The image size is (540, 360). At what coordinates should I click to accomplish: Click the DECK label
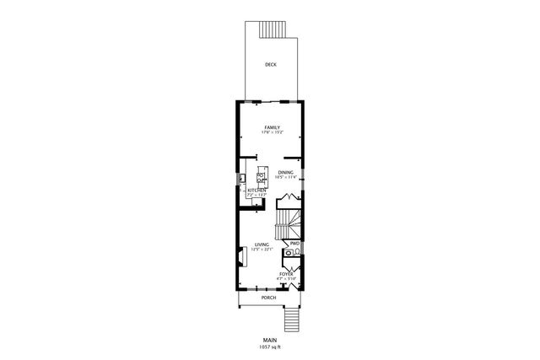coord(270,65)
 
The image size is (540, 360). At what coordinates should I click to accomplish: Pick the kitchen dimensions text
coord(256,196)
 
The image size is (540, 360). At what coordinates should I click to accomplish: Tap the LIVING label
coord(262,244)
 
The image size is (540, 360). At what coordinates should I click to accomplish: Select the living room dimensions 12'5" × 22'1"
coord(262,250)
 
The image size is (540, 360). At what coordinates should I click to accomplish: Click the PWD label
coord(294,244)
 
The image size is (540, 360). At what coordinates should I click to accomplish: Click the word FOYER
coord(286,274)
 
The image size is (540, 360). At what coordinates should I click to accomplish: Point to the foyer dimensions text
coord(286,279)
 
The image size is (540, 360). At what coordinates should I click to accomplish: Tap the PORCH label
coord(269,298)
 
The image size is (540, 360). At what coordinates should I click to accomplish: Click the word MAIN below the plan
coord(269,338)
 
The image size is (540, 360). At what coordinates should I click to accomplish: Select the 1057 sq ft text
coord(269,346)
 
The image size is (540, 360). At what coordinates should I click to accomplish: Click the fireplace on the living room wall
coord(240,255)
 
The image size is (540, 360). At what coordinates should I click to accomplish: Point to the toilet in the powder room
coord(297,254)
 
